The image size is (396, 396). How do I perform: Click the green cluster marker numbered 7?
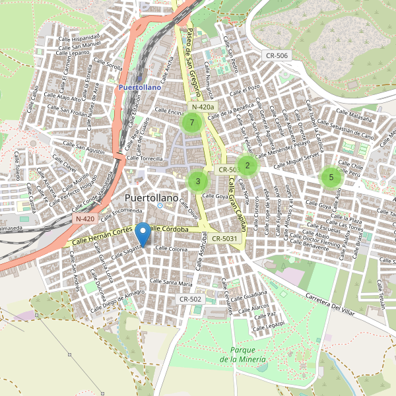191,123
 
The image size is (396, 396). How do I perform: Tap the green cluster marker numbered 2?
247,166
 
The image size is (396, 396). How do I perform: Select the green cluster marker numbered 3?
197,181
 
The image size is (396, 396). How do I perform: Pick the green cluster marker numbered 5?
331,177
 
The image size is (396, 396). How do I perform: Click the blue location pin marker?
142,235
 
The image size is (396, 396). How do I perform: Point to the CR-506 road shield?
275,55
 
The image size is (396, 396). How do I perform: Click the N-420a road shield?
203,107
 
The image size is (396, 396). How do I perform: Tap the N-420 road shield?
85,218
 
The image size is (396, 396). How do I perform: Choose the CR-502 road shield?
190,299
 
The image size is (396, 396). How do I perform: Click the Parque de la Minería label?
243,354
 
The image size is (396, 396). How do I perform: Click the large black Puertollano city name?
151,198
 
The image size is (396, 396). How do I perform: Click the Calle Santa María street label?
171,282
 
